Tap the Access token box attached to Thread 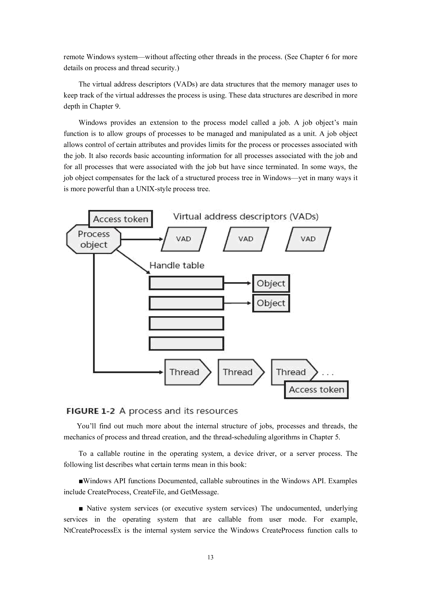tap(316, 389)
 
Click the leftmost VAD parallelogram tap(184, 239)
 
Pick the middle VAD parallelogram tap(246, 239)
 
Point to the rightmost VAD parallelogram tap(308, 239)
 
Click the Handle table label tap(177, 265)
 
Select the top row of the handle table tap(186, 283)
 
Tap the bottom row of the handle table tap(186, 343)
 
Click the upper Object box tap(271, 283)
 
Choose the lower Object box tap(271, 303)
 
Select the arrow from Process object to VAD tap(141, 239)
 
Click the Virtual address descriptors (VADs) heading tap(246, 216)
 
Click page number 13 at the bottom tap(210, 557)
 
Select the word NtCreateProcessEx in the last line tap(92, 530)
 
